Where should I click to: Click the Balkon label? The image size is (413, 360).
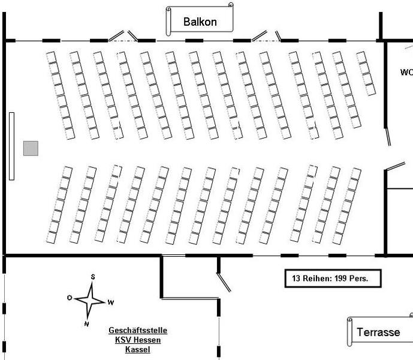pyautogui.click(x=200, y=23)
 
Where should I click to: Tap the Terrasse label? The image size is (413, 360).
pyautogui.click(x=378, y=332)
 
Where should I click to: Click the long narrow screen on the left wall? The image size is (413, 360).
pyautogui.click(x=11, y=145)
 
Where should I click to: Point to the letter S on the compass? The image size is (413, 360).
pyautogui.click(x=93, y=277)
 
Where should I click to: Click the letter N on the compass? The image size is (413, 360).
pyautogui.click(x=86, y=324)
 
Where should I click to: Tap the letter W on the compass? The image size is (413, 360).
pyautogui.click(x=111, y=302)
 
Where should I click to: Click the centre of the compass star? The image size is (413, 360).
pyautogui.click(x=90, y=299)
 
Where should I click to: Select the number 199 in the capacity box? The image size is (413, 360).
pyautogui.click(x=339, y=279)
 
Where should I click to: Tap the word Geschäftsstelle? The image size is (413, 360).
pyautogui.click(x=138, y=331)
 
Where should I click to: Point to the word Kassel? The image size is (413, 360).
pyautogui.click(x=137, y=350)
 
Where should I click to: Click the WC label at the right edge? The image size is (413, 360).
pyautogui.click(x=406, y=72)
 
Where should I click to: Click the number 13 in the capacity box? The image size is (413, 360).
pyautogui.click(x=296, y=279)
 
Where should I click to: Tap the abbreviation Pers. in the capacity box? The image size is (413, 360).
pyautogui.click(x=358, y=279)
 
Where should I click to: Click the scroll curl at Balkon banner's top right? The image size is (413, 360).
pyautogui.click(x=231, y=5)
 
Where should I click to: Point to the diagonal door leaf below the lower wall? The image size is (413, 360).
pyautogui.click(x=224, y=283)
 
